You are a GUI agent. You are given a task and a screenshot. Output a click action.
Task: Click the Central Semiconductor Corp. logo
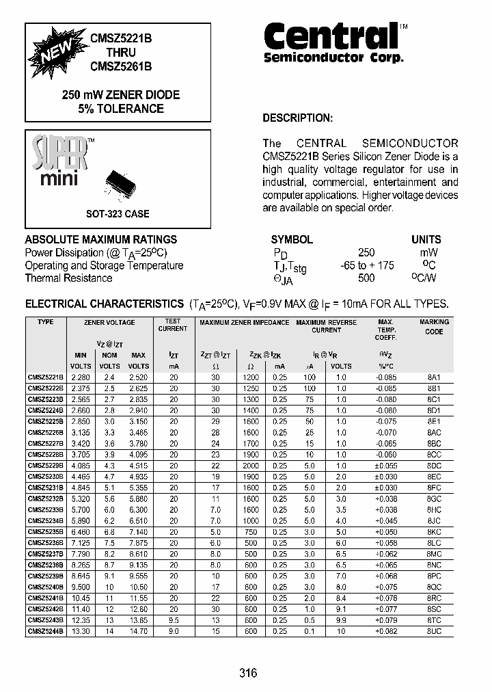pyautogui.click(x=333, y=42)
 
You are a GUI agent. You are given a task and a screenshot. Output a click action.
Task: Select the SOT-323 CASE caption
pyautogui.click(x=118, y=213)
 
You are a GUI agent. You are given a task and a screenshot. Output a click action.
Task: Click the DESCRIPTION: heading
pyautogui.click(x=297, y=118)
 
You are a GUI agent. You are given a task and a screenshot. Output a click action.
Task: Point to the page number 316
pyautogui.click(x=248, y=674)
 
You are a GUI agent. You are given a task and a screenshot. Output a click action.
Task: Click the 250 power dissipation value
pyautogui.click(x=366, y=252)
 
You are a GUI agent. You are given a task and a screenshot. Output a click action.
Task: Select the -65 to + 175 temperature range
pyautogui.click(x=367, y=265)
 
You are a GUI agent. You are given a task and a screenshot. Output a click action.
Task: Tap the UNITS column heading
pyautogui.click(x=426, y=239)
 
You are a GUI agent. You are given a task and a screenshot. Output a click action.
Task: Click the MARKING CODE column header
pyautogui.click(x=434, y=327)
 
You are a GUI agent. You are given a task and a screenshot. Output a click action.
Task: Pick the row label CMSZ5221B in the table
pyautogui.click(x=45, y=377)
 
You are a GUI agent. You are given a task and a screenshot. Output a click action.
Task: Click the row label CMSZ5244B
pyautogui.click(x=45, y=630)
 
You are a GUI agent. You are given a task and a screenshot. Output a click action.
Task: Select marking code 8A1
pyautogui.click(x=434, y=377)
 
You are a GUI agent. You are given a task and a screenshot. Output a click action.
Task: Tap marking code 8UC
pyautogui.click(x=434, y=630)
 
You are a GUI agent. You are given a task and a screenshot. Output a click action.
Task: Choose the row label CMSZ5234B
pyautogui.click(x=45, y=520)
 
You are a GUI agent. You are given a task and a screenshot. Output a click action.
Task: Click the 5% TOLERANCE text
pyautogui.click(x=121, y=108)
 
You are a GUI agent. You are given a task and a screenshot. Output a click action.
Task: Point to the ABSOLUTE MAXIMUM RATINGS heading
pyautogui.click(x=101, y=239)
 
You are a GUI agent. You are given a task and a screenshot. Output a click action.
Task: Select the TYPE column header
pyautogui.click(x=45, y=321)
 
